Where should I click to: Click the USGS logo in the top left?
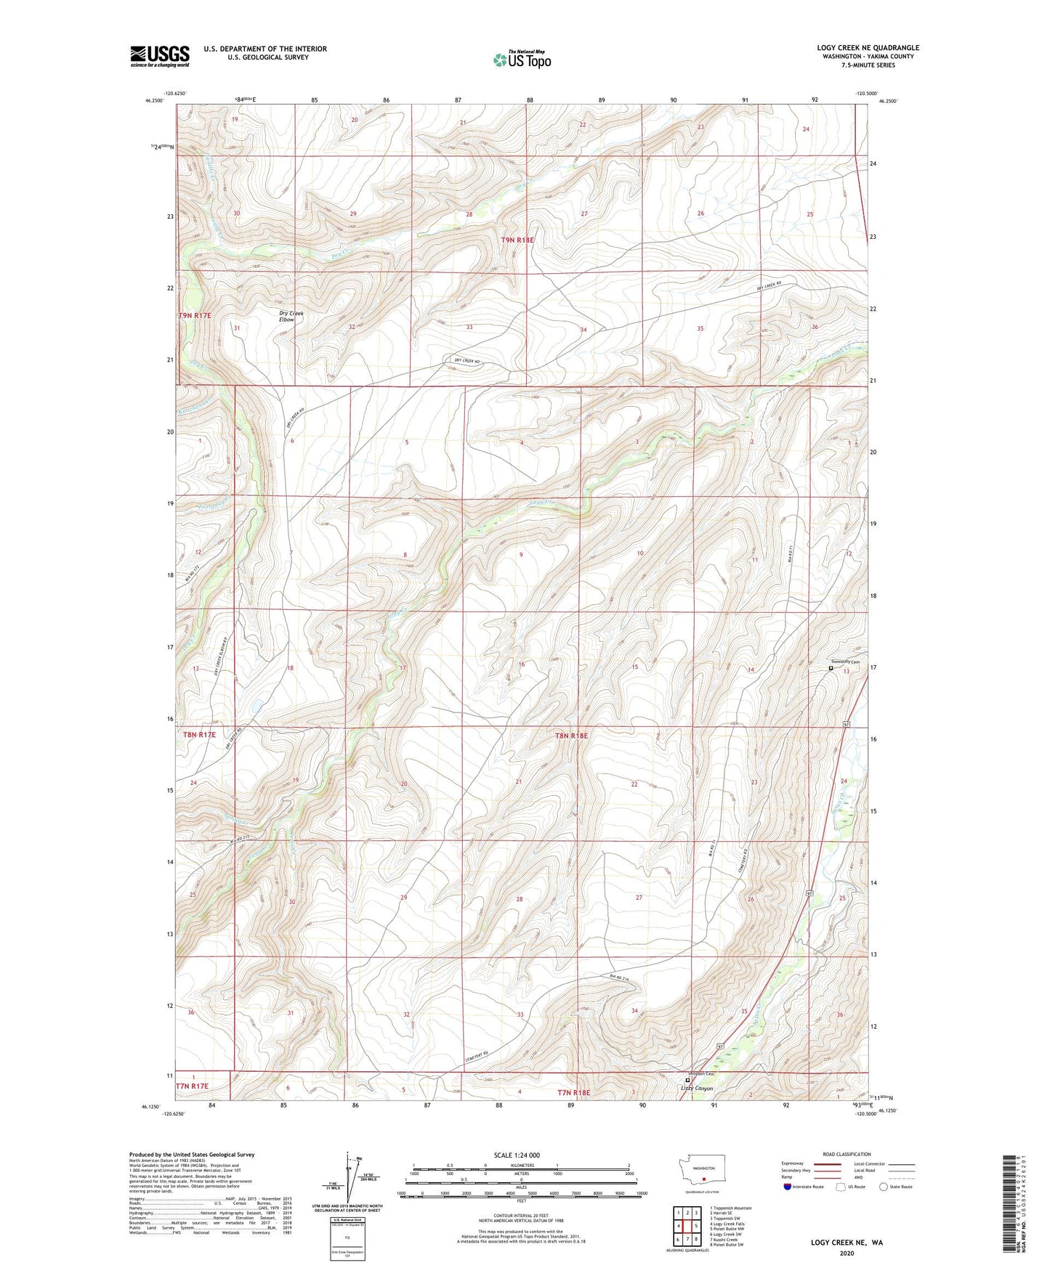coord(160,56)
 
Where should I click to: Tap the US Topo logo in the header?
coord(522,60)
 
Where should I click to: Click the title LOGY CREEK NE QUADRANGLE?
coord(868,48)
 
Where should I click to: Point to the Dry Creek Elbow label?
coord(291,317)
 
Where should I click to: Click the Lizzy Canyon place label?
coord(697,1089)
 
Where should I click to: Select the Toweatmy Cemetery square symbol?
coord(831,668)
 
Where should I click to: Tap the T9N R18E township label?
coord(517,240)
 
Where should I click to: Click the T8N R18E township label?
coord(571,736)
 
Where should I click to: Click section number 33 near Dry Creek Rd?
coord(469,327)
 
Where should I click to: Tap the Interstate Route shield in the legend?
coord(788,1187)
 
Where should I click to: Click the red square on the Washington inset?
coord(704,1179)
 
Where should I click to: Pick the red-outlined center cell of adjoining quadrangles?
coord(687,1225)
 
